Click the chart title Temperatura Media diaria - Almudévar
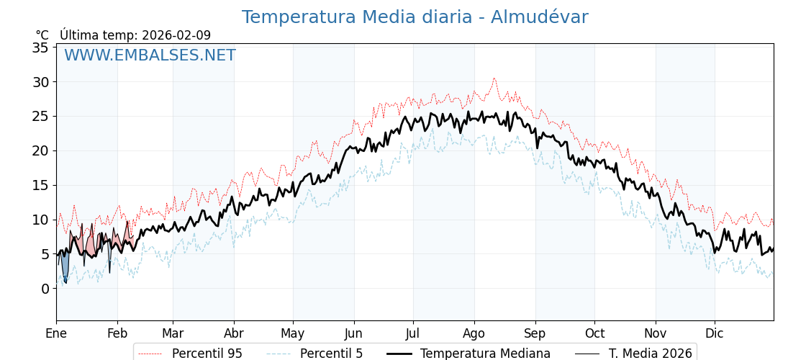tap(415, 17)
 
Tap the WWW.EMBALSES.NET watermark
tap(150, 55)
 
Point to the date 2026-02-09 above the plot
tap(176, 35)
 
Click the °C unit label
tap(42, 35)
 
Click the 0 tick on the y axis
tap(45, 289)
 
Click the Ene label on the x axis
tap(56, 333)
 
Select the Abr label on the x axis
tap(234, 333)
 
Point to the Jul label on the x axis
tap(413, 333)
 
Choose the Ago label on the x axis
tap(474, 333)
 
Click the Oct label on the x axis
tap(594, 333)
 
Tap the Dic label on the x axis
tap(715, 333)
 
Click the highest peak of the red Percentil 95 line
tap(494, 78)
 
